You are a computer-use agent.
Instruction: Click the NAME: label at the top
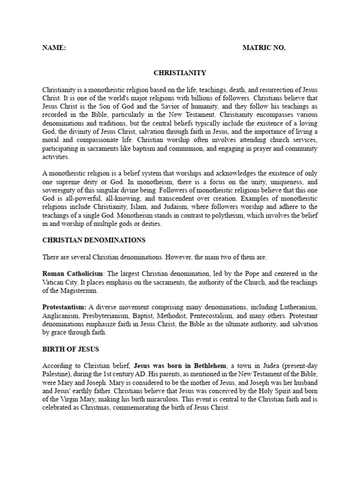pos(54,48)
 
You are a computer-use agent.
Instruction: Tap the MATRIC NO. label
pos(264,48)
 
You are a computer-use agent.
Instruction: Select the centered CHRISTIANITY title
pos(180,73)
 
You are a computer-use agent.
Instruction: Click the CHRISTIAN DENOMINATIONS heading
pos(94,240)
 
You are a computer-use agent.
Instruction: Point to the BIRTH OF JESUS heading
pos(71,349)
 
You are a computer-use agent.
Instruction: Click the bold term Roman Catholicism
pos(74,274)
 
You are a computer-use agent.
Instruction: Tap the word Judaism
pos(157,207)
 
